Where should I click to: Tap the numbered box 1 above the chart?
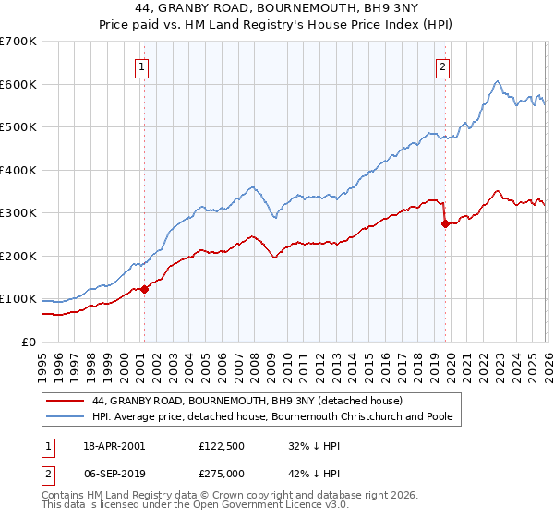143,66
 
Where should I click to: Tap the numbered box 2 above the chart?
443,66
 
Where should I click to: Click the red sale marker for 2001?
144,289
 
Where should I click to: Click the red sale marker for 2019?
445,223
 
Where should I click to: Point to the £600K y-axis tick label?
18,84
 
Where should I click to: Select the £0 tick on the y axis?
29,342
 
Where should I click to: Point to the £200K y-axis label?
18,256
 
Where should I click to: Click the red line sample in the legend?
65,402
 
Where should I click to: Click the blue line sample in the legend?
65,417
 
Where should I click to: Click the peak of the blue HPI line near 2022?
497,81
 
